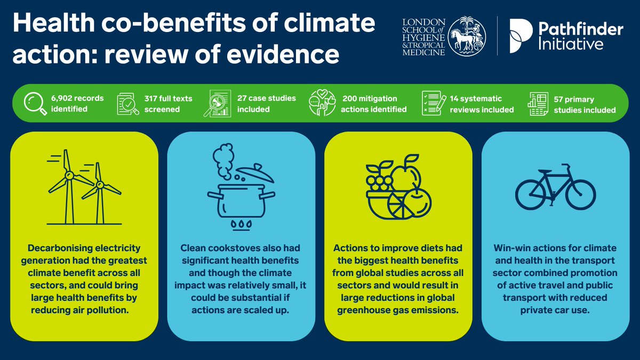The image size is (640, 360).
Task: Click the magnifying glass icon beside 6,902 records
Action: point(35,103)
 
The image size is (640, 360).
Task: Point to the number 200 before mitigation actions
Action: point(349,99)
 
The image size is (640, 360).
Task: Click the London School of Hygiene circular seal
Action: point(467,35)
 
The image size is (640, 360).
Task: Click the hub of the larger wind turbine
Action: point(68,175)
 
